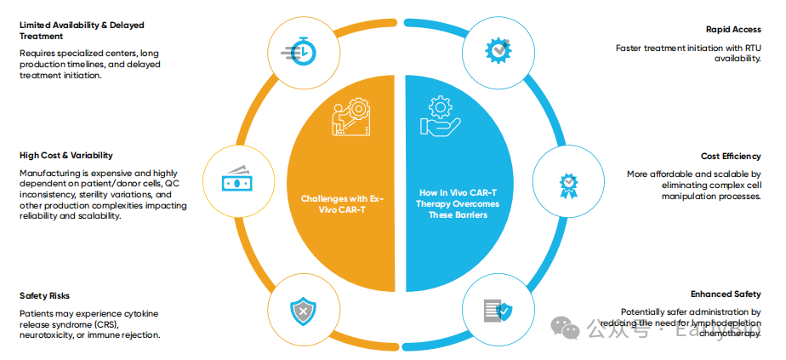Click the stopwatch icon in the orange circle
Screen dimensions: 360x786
(x=304, y=50)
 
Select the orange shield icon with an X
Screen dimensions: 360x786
(x=303, y=312)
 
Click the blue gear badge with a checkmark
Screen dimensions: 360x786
(x=499, y=50)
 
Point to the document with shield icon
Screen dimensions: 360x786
(x=498, y=311)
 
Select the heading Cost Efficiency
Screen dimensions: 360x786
(x=731, y=156)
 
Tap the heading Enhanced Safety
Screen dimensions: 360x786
(x=726, y=294)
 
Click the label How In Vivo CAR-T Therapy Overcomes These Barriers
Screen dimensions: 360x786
(x=459, y=204)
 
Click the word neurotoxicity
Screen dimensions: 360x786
(x=48, y=336)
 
